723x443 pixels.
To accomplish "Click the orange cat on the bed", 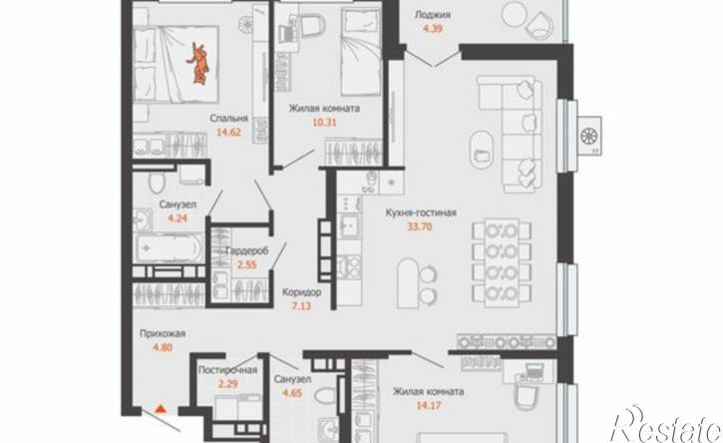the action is (x=198, y=63).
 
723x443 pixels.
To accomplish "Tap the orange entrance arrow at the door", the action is (x=160, y=408).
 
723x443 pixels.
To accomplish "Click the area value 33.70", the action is (x=420, y=226).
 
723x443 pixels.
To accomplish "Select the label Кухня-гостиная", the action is (x=421, y=213).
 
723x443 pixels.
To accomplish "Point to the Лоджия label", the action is (x=433, y=15).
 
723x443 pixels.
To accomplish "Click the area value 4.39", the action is (x=433, y=28).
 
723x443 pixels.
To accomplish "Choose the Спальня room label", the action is (x=229, y=118).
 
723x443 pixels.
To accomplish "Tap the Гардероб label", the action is (x=247, y=251).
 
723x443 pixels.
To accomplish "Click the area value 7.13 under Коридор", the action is (x=301, y=305).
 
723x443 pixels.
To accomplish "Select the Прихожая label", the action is (x=163, y=333).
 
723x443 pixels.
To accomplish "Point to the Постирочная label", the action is (x=227, y=370).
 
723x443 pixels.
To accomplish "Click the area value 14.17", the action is (x=429, y=406).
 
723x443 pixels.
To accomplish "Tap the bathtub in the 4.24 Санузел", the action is (x=169, y=247).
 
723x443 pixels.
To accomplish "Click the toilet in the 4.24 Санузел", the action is (x=157, y=182).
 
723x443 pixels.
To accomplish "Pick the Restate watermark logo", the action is (x=666, y=425).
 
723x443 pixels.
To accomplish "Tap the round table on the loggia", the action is (x=513, y=14).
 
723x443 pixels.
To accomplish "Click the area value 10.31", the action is (x=325, y=123).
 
